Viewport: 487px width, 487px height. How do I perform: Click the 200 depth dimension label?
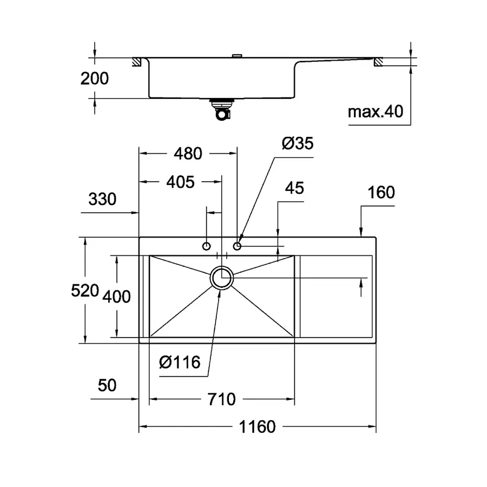pos(95,78)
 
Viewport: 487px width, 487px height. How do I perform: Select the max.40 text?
pos(376,112)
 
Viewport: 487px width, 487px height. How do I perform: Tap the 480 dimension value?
pos(188,154)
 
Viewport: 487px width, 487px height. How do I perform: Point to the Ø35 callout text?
pos(298,143)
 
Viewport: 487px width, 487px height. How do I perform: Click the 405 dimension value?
pos(180,182)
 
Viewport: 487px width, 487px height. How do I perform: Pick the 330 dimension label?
pos(102,199)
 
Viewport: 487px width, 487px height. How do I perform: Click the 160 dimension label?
pos(381,192)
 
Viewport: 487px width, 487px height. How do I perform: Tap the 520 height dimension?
pos(85,291)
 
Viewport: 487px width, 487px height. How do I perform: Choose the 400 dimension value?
pos(117,297)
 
